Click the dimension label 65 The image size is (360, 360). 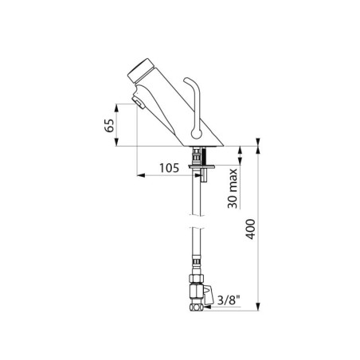[x=109, y=126]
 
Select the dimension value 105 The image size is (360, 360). [x=169, y=168]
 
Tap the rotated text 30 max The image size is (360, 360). [x=233, y=188]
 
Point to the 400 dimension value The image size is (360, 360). [x=250, y=229]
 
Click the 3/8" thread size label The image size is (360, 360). [x=229, y=300]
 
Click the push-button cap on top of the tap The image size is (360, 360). [x=141, y=71]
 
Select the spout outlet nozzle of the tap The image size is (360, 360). [x=138, y=103]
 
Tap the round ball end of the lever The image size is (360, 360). [x=197, y=134]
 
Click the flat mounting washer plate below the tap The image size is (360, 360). [x=202, y=166]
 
